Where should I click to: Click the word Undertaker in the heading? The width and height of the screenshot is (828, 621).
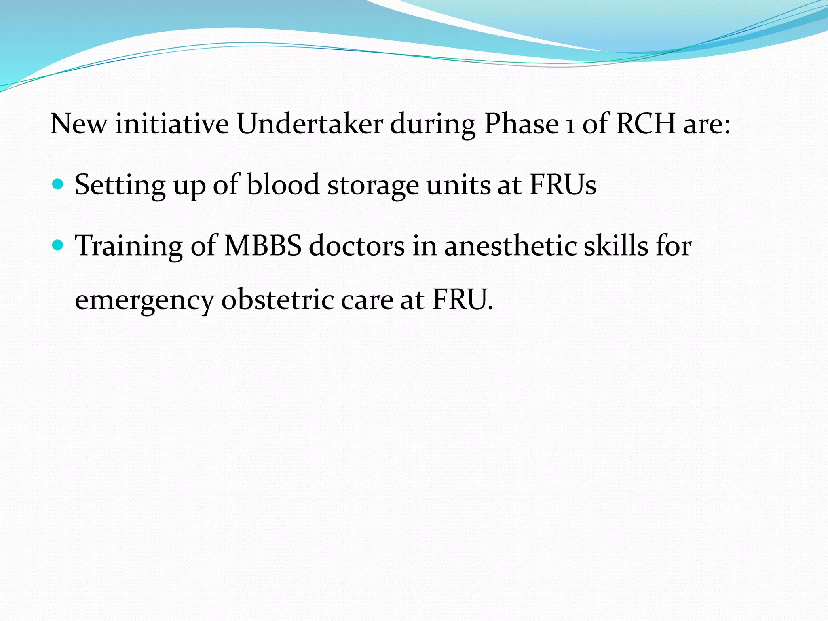point(310,124)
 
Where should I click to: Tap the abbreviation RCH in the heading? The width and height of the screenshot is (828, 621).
point(646,124)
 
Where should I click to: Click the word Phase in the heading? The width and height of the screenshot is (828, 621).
point(522,124)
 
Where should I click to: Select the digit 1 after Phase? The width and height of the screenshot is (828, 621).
point(570,125)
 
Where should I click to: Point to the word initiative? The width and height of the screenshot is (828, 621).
point(172,124)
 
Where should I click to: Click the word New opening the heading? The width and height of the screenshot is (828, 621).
point(79,124)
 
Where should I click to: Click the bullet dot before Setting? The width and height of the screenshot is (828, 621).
point(58,185)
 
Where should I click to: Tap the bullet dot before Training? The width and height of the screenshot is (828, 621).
point(58,245)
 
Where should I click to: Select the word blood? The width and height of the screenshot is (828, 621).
point(283,185)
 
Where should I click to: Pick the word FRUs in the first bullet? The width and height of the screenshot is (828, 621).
point(563,185)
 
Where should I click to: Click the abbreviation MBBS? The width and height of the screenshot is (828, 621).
point(263,246)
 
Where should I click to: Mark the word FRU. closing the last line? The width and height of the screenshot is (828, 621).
point(463,300)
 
